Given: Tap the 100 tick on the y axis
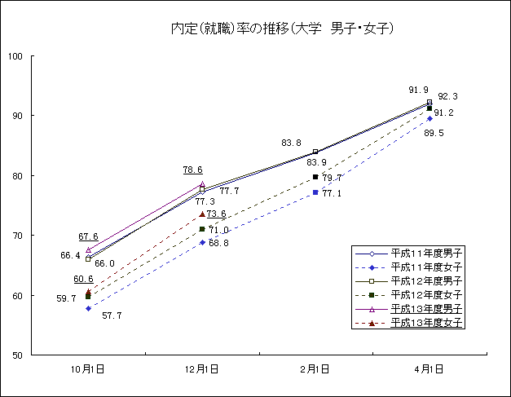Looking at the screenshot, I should (15, 56).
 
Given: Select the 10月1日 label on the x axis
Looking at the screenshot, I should (88, 369).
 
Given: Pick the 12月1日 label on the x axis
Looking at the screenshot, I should (202, 369).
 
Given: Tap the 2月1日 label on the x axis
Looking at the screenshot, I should (315, 369).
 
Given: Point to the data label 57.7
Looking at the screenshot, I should (111, 315).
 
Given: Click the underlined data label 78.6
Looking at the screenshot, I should (193, 170).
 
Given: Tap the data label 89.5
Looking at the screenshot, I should (434, 133).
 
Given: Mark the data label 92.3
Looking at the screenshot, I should (447, 96).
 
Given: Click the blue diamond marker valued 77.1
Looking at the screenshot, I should (315, 192).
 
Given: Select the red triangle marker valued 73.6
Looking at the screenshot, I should (202, 214).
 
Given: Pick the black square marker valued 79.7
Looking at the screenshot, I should (315, 177).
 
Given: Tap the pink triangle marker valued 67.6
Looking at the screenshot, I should (88, 250).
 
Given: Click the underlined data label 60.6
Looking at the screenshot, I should (83, 280).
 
